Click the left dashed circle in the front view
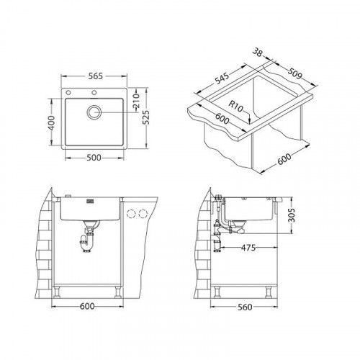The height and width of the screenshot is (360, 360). (x=131, y=212)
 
